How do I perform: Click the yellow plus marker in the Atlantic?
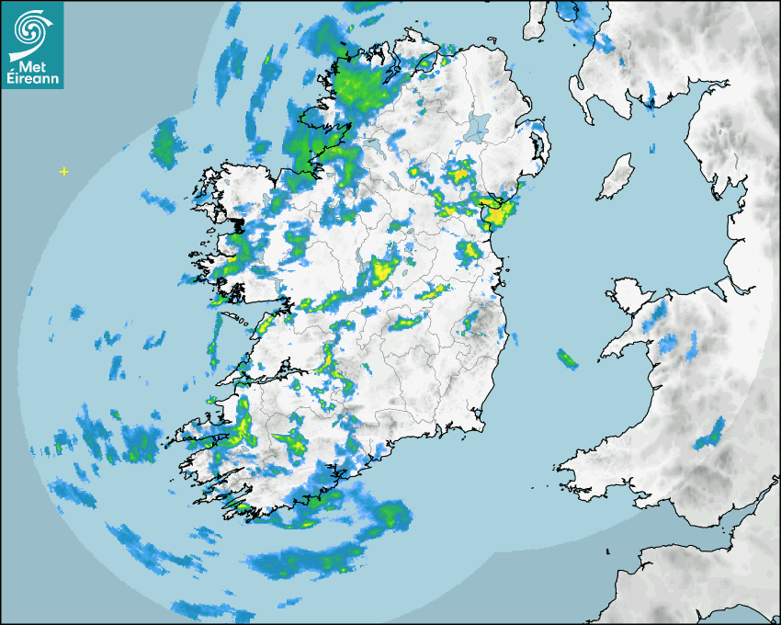(x=63, y=171)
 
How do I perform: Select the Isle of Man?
(x=617, y=177)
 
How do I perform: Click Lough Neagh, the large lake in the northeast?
(x=479, y=126)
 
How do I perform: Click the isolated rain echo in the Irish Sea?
(x=567, y=358)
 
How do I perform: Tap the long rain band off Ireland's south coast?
(x=303, y=562)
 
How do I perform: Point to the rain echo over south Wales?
(x=709, y=434)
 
